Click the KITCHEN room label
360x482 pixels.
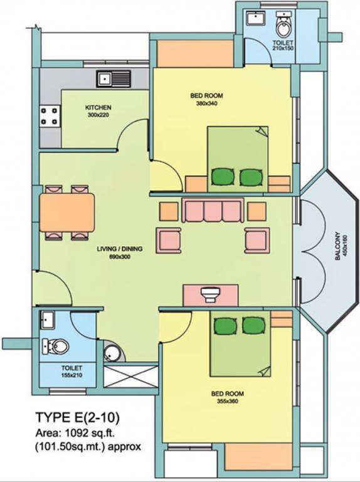(x=98, y=107)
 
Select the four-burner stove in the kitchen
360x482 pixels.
(x=50, y=115)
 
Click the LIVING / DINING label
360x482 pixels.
(x=119, y=249)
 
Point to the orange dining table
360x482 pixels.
(x=67, y=212)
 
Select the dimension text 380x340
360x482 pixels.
(x=206, y=104)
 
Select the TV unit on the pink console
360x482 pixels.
(x=210, y=293)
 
